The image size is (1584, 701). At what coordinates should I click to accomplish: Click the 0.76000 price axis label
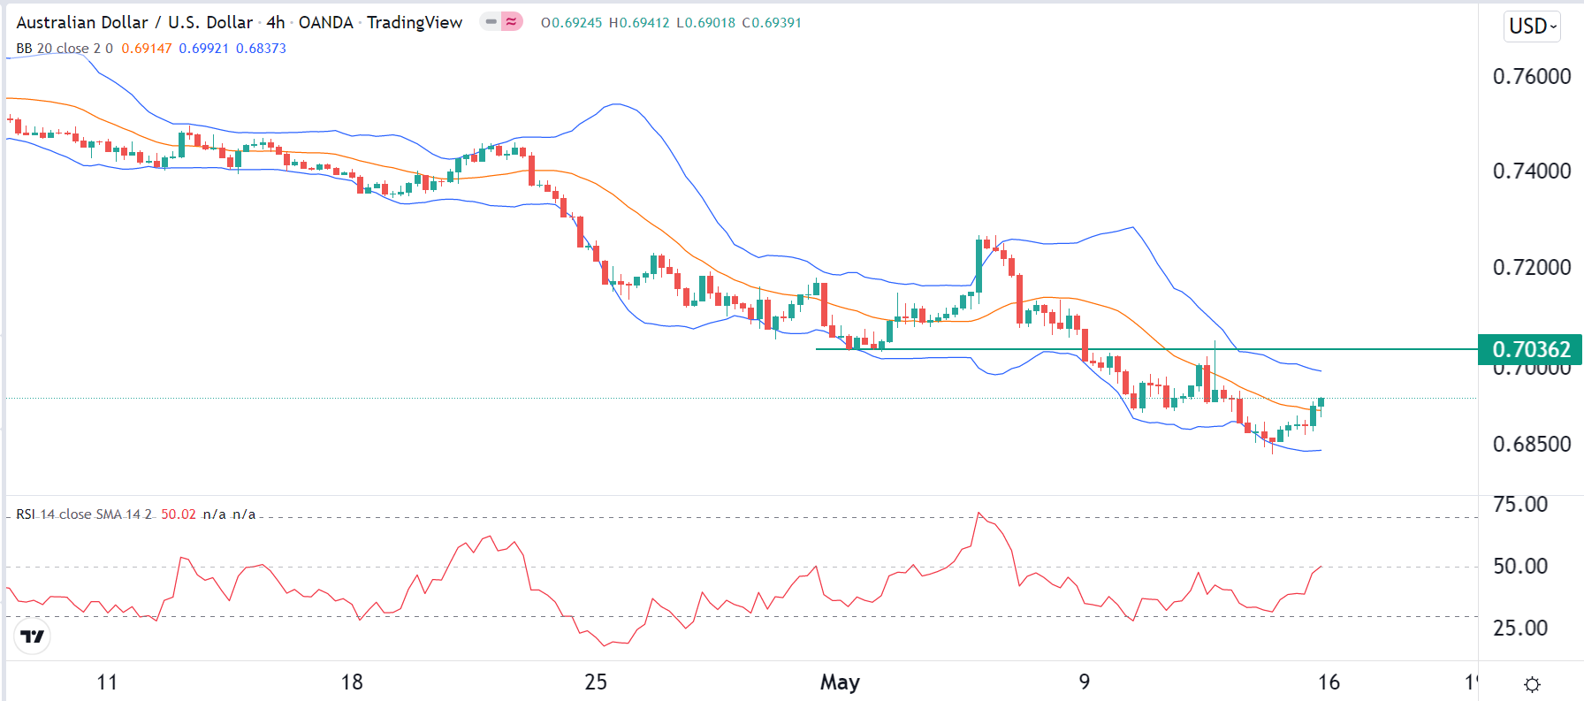pyautogui.click(x=1531, y=77)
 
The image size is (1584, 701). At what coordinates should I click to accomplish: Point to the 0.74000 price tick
pyautogui.click(x=1531, y=171)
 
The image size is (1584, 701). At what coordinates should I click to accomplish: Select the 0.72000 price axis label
pyautogui.click(x=1531, y=267)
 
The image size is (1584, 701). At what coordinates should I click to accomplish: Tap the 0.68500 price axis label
pyautogui.click(x=1531, y=444)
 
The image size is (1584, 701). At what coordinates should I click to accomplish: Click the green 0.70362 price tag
pyautogui.click(x=1530, y=349)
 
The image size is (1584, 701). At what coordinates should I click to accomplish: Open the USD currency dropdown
pyautogui.click(x=1532, y=27)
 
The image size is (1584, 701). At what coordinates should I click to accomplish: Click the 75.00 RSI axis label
pyautogui.click(x=1520, y=505)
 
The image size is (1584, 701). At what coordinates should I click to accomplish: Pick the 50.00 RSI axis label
pyautogui.click(x=1520, y=566)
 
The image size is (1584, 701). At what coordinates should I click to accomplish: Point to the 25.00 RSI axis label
pyautogui.click(x=1520, y=629)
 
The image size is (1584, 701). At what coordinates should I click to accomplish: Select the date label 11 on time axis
pyautogui.click(x=107, y=682)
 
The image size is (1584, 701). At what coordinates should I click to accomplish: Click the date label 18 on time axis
pyautogui.click(x=352, y=682)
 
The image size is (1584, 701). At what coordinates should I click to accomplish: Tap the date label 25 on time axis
pyautogui.click(x=596, y=682)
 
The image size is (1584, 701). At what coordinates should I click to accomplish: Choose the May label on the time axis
pyautogui.click(x=840, y=682)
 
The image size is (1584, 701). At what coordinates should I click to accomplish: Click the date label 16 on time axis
pyautogui.click(x=1329, y=682)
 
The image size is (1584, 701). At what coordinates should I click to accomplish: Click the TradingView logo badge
pyautogui.click(x=33, y=636)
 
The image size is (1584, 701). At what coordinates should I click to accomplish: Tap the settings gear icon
pyautogui.click(x=1533, y=684)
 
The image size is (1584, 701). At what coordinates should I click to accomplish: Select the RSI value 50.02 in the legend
pyautogui.click(x=179, y=514)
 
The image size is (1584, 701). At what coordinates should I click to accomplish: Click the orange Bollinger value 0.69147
pyautogui.click(x=147, y=49)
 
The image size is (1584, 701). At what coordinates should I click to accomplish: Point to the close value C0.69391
pyautogui.click(x=772, y=23)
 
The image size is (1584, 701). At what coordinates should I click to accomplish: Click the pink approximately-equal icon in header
pyautogui.click(x=512, y=21)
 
